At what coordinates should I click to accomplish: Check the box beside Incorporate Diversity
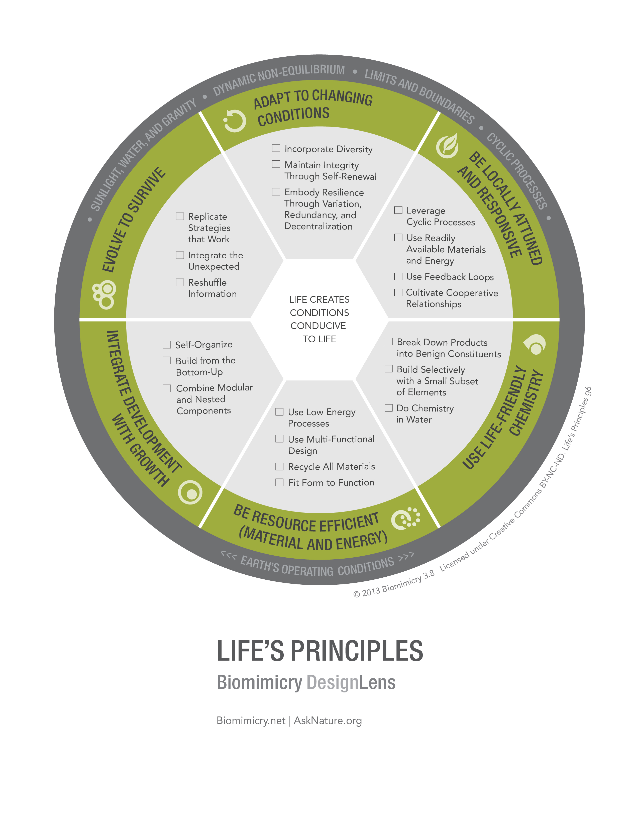click(276, 148)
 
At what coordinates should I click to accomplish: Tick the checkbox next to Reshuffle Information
click(180, 282)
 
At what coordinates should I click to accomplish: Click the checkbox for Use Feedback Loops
click(398, 276)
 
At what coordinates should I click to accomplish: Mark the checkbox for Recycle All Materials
click(279, 467)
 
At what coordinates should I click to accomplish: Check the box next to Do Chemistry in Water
click(388, 408)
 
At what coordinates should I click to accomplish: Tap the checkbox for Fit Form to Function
click(279, 482)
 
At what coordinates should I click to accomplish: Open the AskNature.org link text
click(328, 720)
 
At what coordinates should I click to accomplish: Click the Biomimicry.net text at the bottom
click(251, 720)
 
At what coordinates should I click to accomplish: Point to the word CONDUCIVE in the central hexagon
click(318, 326)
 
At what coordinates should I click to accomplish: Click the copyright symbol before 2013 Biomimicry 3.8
click(356, 594)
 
